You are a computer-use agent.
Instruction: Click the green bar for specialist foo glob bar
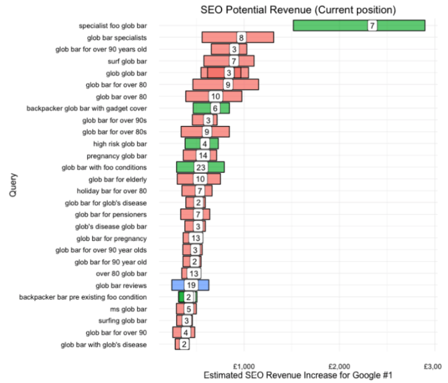(x=332, y=26)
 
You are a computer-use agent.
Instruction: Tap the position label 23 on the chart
(x=199, y=167)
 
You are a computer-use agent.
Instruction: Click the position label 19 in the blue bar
(x=190, y=285)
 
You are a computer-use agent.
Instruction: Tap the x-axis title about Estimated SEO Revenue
(x=298, y=377)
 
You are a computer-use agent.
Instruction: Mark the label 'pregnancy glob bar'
(x=117, y=156)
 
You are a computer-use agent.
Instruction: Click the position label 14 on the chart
(x=202, y=156)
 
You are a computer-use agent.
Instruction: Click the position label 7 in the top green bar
(x=372, y=26)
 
